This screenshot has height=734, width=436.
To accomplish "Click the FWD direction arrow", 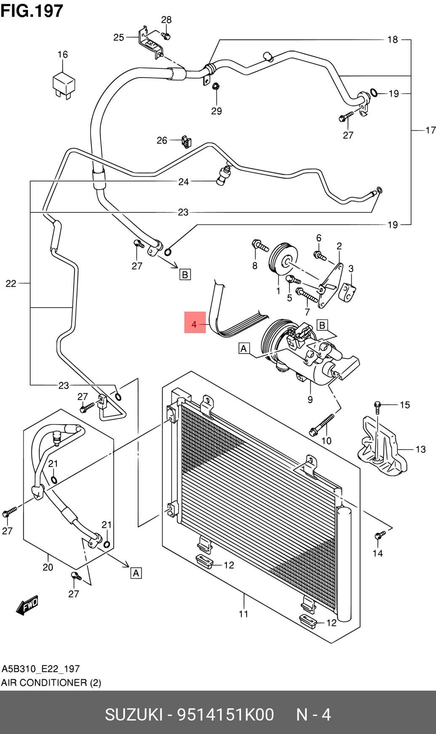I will [27, 605].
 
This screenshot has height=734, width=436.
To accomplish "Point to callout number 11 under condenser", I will [244, 614].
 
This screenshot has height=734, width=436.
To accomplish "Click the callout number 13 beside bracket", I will [420, 449].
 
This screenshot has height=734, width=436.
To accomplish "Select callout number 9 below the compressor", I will [310, 399].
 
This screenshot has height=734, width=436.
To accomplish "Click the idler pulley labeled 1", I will [283, 260].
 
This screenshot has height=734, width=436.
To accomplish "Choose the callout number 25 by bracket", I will [119, 37].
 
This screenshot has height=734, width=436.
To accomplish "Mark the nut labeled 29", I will [215, 86].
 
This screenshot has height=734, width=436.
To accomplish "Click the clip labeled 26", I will [185, 141].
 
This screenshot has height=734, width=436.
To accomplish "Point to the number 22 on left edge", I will [11, 283].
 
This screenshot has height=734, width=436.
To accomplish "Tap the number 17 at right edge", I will [430, 131].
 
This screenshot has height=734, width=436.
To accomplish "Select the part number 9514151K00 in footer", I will [226, 715].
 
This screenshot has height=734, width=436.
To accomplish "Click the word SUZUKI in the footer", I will [133, 715].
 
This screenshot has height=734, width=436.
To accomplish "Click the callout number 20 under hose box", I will [48, 567].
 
